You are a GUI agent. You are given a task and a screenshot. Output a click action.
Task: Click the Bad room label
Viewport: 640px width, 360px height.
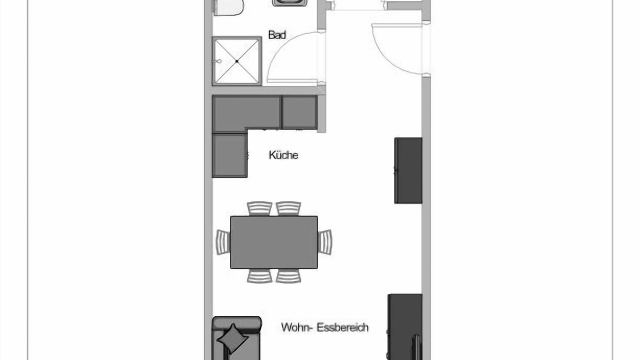point(277,35)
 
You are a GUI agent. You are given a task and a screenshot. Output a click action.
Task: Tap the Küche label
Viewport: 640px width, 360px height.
point(283,155)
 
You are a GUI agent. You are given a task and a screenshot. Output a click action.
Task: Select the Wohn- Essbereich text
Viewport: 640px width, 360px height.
point(325,327)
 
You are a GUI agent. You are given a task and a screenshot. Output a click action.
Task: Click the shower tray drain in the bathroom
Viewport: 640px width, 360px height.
point(237,61)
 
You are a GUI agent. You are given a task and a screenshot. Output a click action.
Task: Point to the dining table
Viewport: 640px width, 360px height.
point(274,242)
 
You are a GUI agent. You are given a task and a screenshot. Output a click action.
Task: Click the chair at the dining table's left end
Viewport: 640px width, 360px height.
point(223,242)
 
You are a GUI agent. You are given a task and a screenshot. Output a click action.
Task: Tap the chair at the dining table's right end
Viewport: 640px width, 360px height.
point(325,242)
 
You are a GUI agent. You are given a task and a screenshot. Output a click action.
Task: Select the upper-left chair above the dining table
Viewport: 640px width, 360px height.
point(259,208)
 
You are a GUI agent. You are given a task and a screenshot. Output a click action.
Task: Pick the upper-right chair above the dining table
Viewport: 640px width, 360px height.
point(288,208)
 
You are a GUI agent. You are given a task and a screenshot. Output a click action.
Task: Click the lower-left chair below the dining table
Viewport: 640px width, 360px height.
point(259,276)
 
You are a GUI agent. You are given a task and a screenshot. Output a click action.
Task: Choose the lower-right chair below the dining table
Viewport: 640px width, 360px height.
point(288,276)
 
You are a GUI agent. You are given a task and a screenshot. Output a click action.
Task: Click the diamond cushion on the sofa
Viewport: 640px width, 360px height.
point(232,339)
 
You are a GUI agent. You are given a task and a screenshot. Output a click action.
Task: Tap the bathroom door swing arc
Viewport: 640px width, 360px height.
point(275,49)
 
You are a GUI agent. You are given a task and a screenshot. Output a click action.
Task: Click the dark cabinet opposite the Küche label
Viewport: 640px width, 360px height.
point(408,170)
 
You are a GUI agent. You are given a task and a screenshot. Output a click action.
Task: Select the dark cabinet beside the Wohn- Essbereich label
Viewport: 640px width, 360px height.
point(405,327)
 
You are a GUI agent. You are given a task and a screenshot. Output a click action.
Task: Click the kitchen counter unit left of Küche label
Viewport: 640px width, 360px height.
point(229,155)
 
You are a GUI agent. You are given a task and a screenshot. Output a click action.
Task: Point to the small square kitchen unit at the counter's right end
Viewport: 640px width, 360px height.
point(299,112)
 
